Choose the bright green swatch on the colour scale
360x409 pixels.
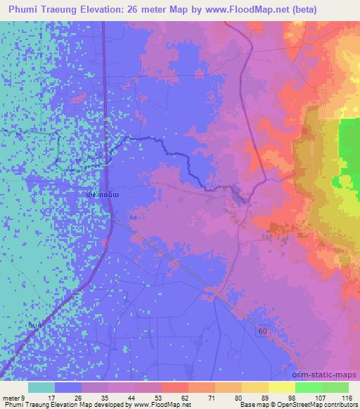click(309, 387)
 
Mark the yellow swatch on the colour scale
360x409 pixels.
click(281, 387)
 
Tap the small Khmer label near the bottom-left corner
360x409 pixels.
click(34, 324)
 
